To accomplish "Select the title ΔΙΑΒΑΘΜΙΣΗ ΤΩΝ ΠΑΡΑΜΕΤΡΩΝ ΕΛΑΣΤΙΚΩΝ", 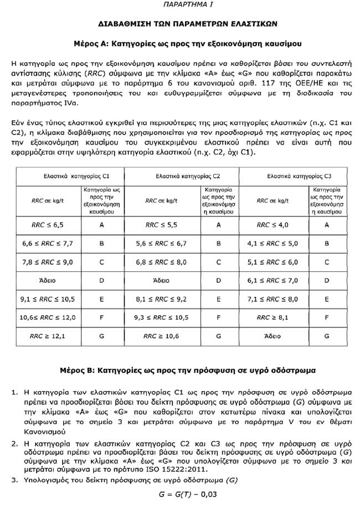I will tap(179, 24).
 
